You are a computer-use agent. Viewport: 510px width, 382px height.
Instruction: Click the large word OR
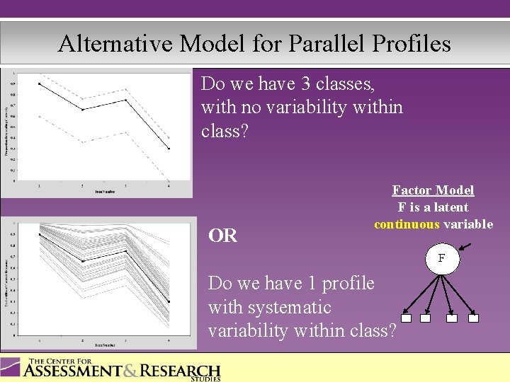click(223, 236)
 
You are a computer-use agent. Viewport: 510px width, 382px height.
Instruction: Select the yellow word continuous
click(407, 224)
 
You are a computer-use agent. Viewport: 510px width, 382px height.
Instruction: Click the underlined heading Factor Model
click(433, 190)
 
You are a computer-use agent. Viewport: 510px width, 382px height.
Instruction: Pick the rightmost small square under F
click(474, 318)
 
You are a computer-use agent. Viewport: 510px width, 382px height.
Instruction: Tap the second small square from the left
click(425, 318)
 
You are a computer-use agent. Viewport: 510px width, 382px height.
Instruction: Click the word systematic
click(269, 307)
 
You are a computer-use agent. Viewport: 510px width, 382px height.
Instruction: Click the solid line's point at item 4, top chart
click(169, 149)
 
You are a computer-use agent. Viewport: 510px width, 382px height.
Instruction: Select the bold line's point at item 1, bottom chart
click(39, 234)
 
